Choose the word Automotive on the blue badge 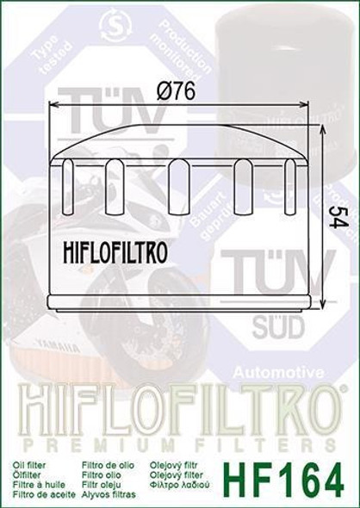[x=279, y=373]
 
